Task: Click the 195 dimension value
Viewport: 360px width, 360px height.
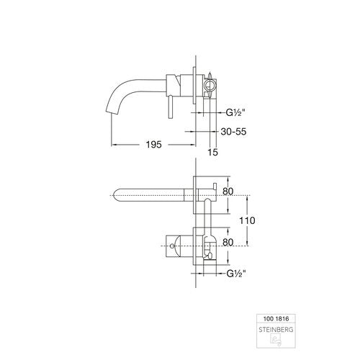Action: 154,145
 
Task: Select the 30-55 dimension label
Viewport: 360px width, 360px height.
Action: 233,132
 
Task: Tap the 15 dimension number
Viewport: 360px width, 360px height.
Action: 213,152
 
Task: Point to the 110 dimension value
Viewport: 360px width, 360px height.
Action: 247,220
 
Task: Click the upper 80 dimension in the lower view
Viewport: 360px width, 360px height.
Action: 228,192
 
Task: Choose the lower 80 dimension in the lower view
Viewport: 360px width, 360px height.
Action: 228,243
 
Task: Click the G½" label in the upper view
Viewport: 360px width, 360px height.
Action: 235,112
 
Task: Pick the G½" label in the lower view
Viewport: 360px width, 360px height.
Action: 236,274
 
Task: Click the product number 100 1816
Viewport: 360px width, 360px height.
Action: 276,319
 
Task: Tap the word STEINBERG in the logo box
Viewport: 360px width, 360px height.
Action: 276,330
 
